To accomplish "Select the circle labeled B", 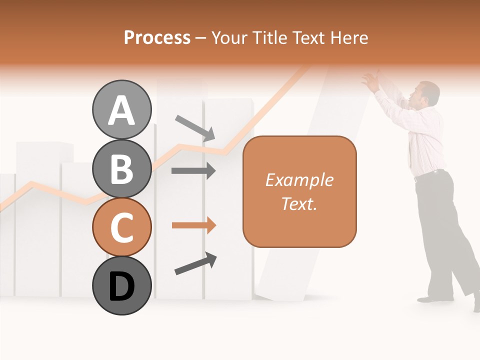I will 121,168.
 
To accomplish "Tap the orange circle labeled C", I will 121,227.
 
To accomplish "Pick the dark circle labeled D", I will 121,285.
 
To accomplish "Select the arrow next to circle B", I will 193,171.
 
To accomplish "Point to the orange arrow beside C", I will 193,225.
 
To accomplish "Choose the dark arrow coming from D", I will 195,264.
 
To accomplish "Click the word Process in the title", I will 157,37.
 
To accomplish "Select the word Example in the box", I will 299,180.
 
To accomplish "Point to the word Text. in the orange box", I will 299,203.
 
